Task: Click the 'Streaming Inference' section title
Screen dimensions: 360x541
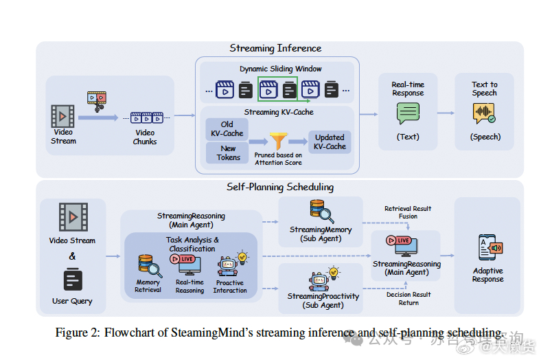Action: (x=275, y=48)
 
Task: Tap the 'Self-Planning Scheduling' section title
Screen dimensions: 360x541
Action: (x=280, y=187)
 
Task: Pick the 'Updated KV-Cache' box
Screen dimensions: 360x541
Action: (x=330, y=142)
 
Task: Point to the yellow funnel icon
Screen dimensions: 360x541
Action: (x=278, y=141)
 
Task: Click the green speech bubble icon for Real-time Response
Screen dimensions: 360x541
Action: (x=408, y=113)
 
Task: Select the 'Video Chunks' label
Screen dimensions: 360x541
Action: (x=145, y=137)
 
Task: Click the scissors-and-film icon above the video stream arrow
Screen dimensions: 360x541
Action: (x=97, y=101)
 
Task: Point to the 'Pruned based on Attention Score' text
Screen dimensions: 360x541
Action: (x=277, y=159)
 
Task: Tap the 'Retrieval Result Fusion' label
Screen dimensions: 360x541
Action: (x=408, y=212)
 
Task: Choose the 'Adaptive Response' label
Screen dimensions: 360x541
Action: (x=487, y=275)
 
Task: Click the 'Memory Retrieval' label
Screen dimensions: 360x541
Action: (x=148, y=286)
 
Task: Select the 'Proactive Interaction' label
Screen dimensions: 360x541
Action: (x=230, y=286)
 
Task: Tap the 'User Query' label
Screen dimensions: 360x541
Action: (x=72, y=301)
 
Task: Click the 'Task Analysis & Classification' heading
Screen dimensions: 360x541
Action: (x=192, y=245)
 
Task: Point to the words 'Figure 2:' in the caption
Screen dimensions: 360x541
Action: (x=78, y=333)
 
